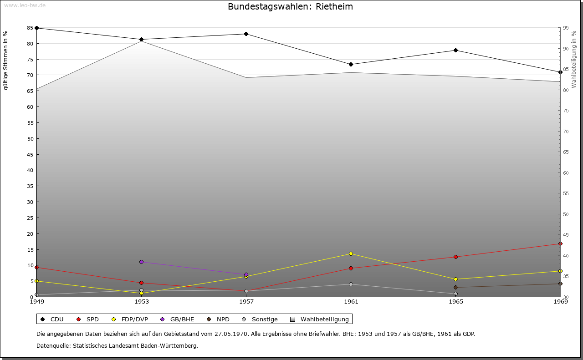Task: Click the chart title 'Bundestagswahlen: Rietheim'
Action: click(290, 7)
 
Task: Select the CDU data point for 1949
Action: click(36, 28)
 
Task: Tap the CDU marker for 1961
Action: click(351, 65)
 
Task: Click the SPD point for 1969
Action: click(560, 244)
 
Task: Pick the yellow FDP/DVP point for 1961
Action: click(351, 254)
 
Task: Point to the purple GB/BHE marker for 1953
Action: click(141, 262)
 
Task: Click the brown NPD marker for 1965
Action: click(455, 288)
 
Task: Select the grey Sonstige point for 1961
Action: click(351, 284)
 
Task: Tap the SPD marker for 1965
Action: click(455, 257)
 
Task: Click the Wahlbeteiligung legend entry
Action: click(320, 319)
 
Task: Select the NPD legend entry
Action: click(219, 319)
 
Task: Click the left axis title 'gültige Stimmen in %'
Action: click(5, 60)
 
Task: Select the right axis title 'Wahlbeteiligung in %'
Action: click(574, 59)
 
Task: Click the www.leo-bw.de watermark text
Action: click(25, 5)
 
